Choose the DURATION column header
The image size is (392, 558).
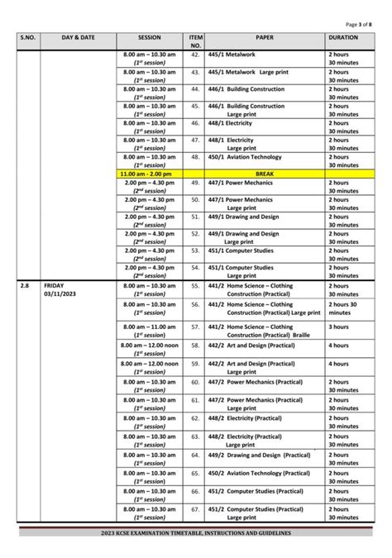(342, 38)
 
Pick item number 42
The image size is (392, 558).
(196, 55)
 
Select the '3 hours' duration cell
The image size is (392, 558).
(339, 327)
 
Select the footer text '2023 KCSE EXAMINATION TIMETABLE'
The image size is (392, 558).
(195, 533)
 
